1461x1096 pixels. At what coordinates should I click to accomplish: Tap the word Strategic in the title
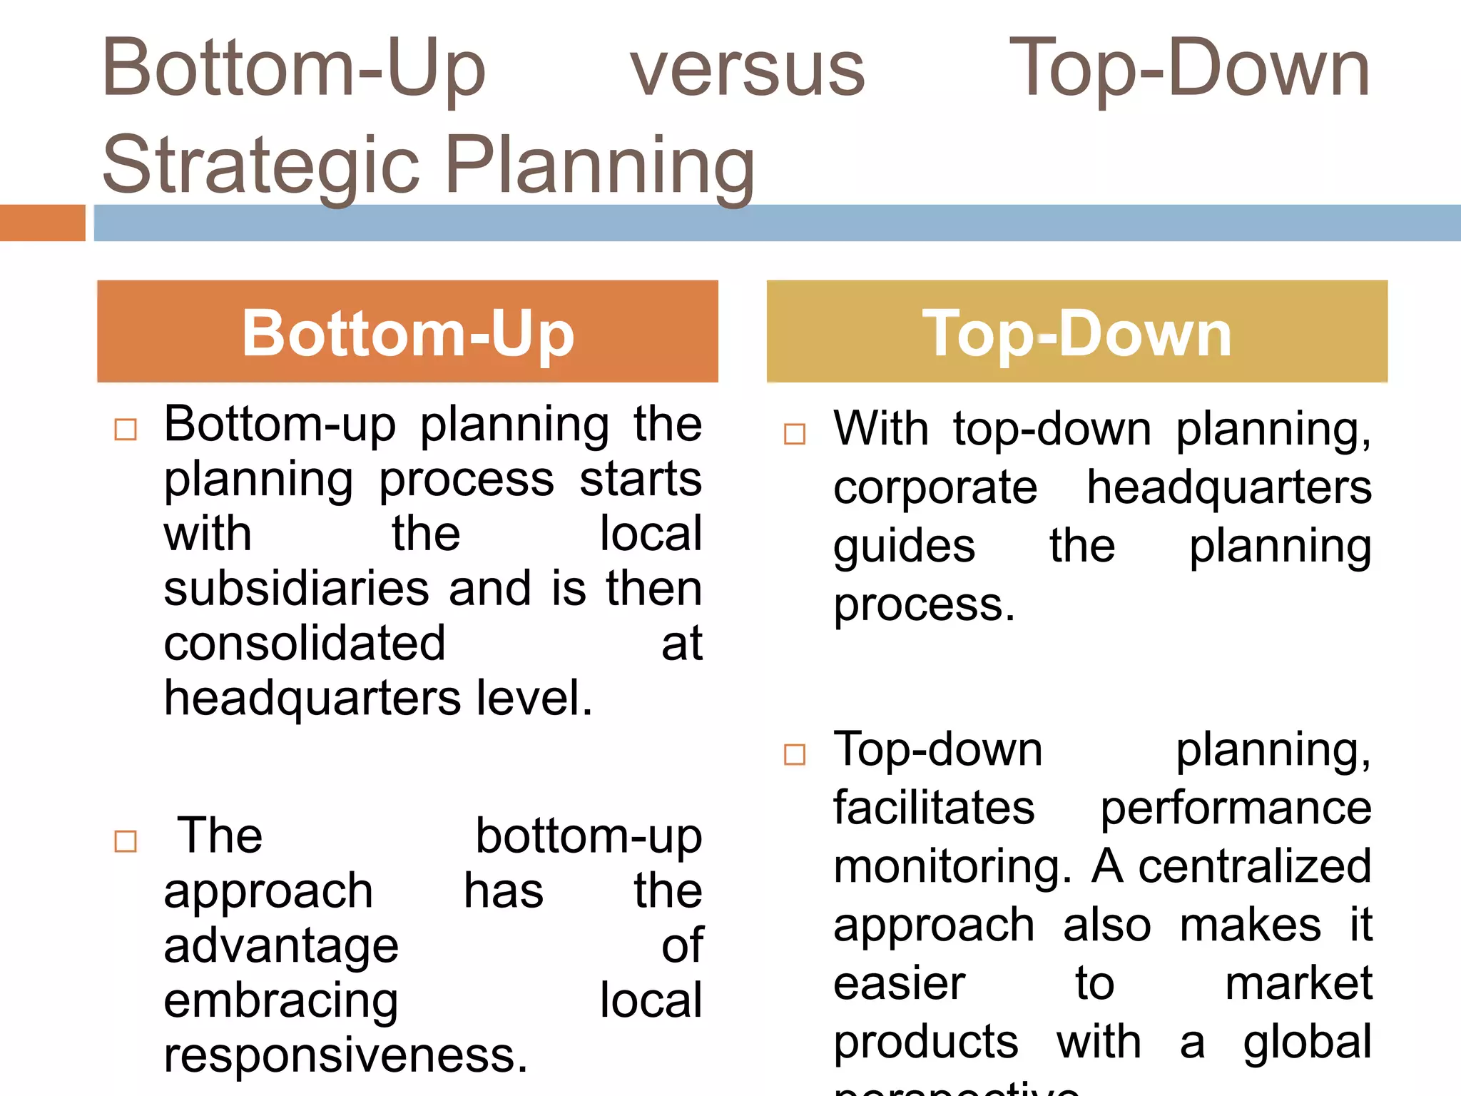coord(261,166)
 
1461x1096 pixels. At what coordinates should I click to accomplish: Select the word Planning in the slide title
coord(600,166)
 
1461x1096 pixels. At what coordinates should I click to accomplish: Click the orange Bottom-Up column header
coord(407,332)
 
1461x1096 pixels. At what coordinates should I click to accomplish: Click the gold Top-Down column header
coord(1076,332)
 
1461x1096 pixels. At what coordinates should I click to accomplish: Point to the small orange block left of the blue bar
coord(42,223)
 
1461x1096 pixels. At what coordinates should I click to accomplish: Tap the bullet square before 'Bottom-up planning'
coord(126,430)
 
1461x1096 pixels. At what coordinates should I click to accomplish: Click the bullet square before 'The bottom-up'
coord(126,841)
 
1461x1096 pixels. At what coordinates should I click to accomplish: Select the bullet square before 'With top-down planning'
coord(795,434)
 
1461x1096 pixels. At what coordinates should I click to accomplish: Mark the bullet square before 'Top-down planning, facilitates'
coord(795,754)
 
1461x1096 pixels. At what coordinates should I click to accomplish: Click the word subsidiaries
coord(296,589)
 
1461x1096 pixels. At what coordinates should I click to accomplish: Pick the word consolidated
coord(305,644)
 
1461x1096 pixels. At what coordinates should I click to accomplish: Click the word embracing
coord(281,1001)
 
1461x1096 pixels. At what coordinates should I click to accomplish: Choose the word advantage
coord(281,947)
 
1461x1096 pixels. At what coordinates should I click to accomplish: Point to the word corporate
coord(935,489)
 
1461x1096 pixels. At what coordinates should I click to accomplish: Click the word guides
coord(904,547)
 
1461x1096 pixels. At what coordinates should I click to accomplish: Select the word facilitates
coord(934,808)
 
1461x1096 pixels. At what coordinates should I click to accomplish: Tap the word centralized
coord(1254,867)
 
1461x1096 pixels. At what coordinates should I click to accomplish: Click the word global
coord(1307,1042)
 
